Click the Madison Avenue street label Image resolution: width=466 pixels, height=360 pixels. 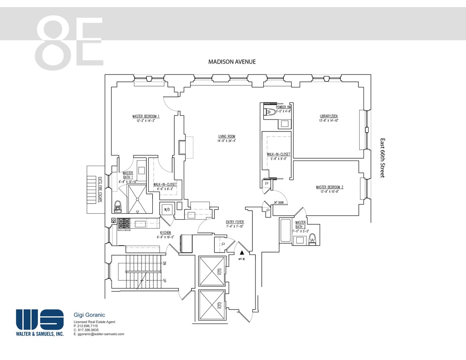(x=232, y=62)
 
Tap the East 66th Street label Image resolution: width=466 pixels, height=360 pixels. (x=382, y=158)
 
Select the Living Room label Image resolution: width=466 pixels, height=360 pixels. (x=226, y=136)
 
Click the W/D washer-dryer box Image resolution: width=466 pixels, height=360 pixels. (x=167, y=209)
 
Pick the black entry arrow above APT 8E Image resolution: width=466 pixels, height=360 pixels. (x=242, y=252)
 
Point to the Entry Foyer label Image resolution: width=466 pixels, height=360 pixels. (x=235, y=222)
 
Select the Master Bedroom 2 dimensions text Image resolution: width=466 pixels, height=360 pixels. (x=329, y=191)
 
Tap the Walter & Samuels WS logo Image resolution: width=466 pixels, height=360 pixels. (x=40, y=319)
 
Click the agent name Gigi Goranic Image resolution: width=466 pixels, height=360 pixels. (x=89, y=315)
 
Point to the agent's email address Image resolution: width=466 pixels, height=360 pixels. (x=99, y=334)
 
